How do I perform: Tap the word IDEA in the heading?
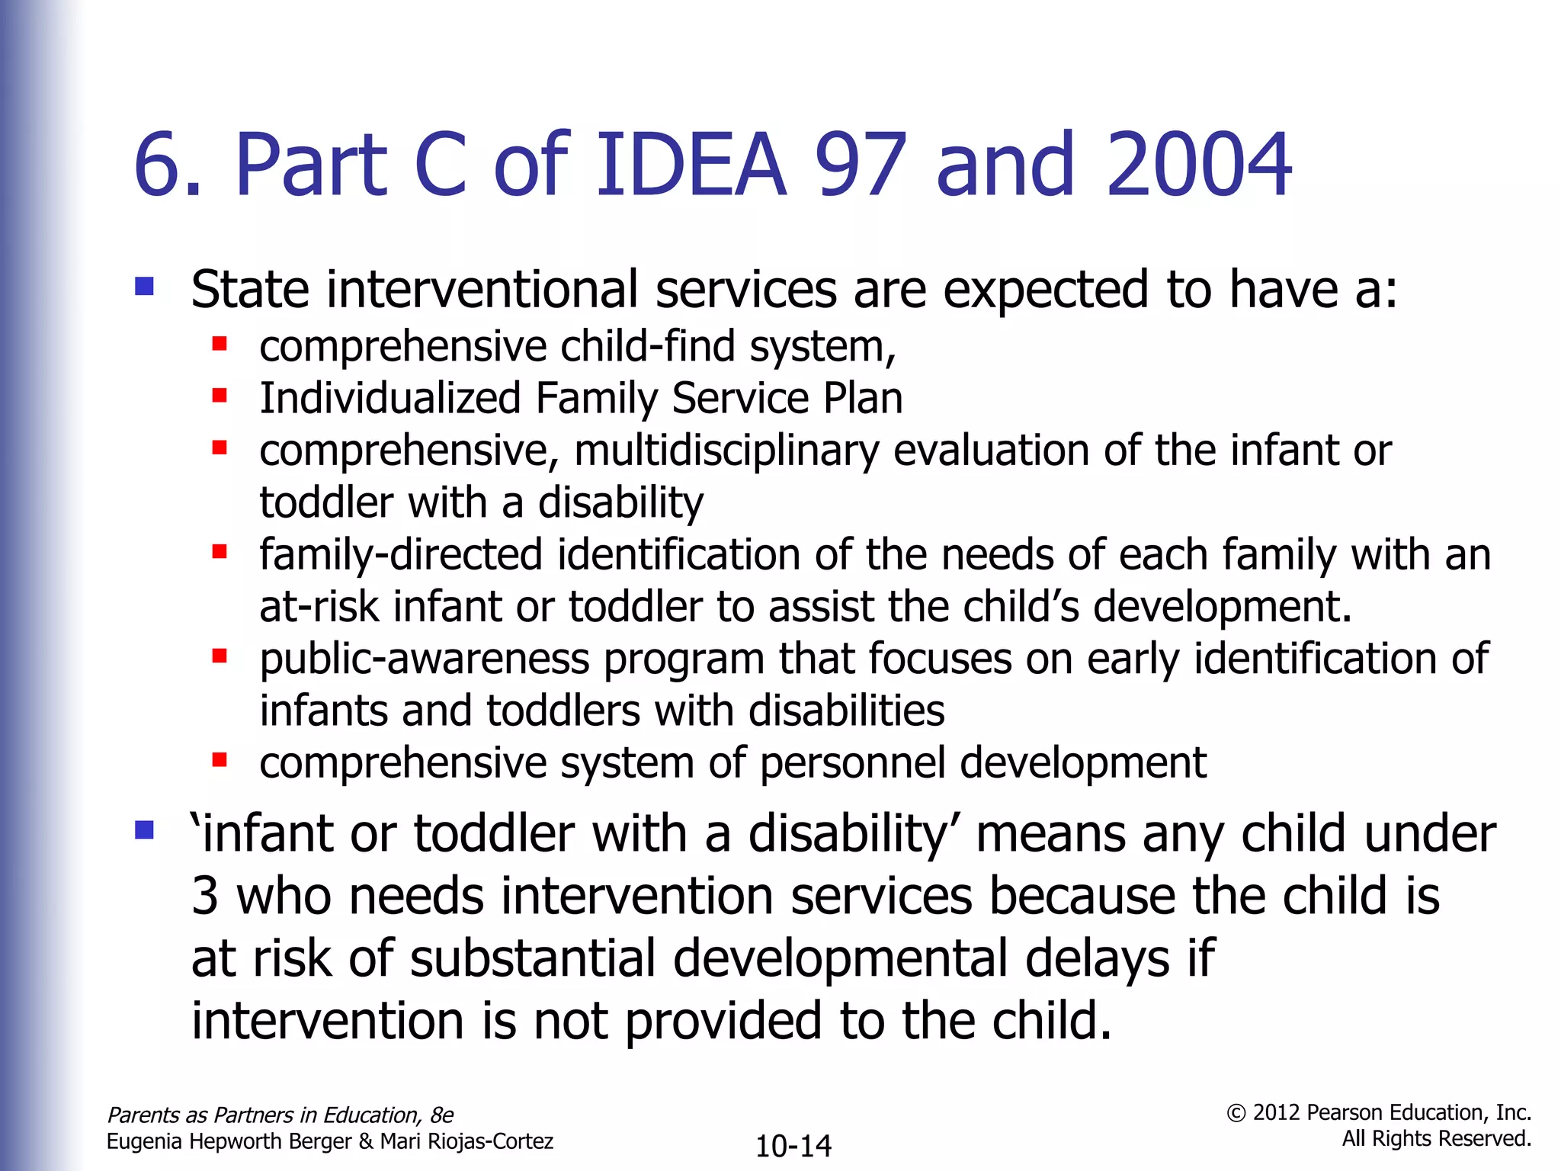tap(690, 165)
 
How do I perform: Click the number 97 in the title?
tap(861, 165)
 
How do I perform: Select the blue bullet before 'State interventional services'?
tap(144, 287)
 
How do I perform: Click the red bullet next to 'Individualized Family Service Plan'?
tap(220, 395)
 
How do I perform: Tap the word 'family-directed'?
tap(401, 555)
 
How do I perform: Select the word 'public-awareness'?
tap(425, 659)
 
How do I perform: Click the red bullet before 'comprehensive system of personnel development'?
tap(220, 759)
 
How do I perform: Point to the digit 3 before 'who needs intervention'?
tap(205, 896)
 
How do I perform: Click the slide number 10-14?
tap(793, 1146)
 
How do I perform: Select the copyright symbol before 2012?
tap(1236, 1113)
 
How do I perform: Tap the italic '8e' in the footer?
tap(441, 1115)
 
